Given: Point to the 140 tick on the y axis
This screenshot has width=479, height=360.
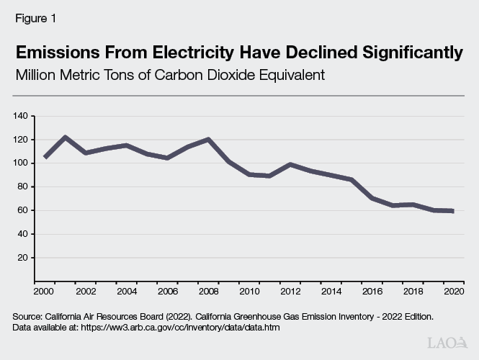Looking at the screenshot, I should (x=20, y=116).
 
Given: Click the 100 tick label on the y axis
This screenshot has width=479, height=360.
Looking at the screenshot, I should (x=20, y=163).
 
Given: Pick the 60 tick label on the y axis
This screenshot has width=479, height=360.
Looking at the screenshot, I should (x=22, y=210).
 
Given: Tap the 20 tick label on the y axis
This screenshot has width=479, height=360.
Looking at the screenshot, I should (x=22, y=258).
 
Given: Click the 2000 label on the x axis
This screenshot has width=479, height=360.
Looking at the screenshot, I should (x=44, y=292).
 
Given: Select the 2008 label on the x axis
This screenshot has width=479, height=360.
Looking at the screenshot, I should (x=209, y=292).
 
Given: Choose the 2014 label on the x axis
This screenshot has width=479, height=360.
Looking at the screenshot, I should (x=331, y=292).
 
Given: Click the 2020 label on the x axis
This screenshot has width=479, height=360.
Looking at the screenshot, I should (x=454, y=292).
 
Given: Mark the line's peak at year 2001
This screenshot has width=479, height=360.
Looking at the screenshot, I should (x=66, y=137).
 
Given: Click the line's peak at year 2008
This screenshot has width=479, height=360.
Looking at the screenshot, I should (x=209, y=139).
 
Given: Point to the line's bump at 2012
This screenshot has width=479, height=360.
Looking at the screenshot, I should (x=290, y=164).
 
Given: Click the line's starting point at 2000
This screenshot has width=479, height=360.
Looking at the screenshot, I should (x=45, y=156).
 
